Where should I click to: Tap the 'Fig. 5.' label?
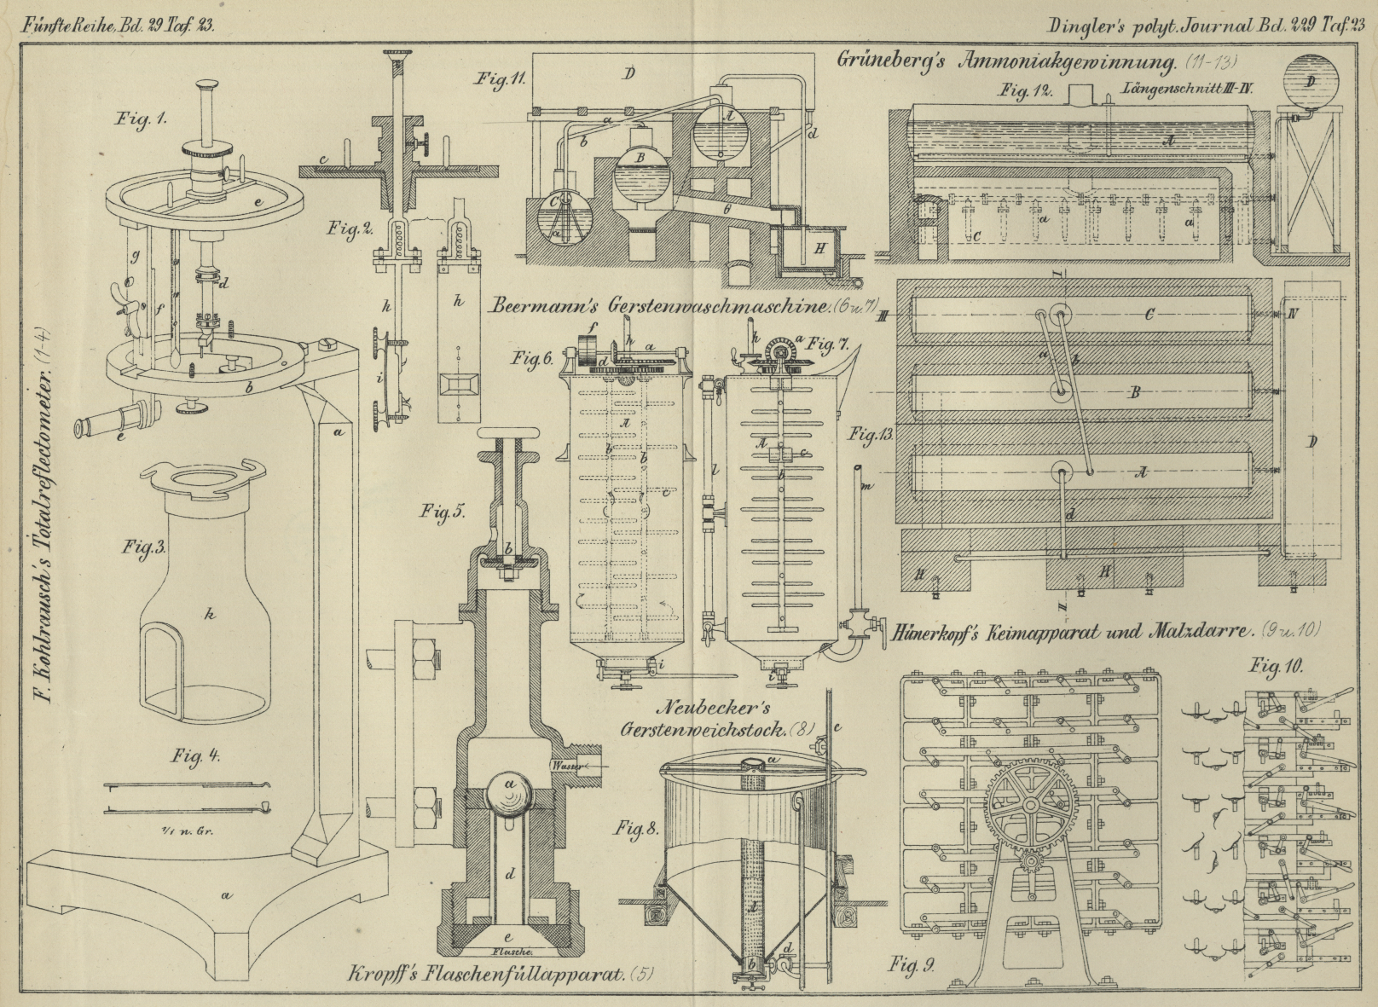[x=442, y=512]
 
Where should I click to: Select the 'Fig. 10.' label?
[x=1277, y=666]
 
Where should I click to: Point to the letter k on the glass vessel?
[x=209, y=611]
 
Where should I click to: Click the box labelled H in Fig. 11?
[x=819, y=247]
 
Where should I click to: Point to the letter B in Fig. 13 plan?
[x=1135, y=394]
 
